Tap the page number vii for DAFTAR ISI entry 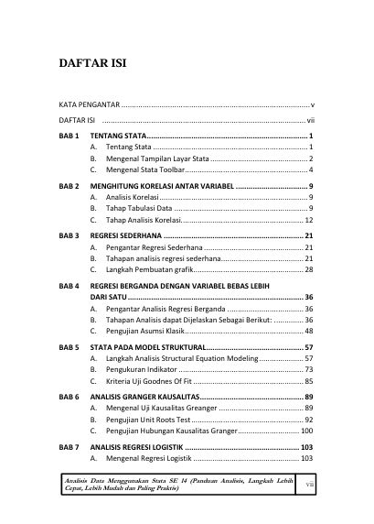(x=311, y=120)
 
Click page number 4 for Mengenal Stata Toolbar (x=312, y=170)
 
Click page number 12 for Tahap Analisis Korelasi (x=309, y=221)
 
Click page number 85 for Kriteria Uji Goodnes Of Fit (x=309, y=381)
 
